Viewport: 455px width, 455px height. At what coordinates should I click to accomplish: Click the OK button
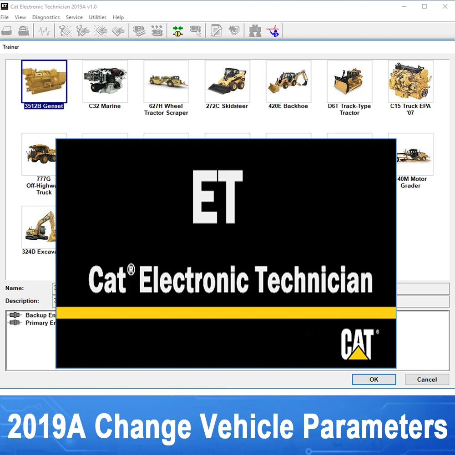click(x=374, y=379)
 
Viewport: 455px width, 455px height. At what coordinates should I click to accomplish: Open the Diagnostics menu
click(x=46, y=17)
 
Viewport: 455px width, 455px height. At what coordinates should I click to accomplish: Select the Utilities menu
click(x=97, y=17)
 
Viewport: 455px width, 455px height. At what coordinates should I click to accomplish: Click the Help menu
click(x=118, y=17)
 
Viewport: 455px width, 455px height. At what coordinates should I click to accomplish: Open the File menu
click(x=5, y=17)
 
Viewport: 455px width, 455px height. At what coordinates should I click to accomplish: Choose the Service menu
click(x=74, y=17)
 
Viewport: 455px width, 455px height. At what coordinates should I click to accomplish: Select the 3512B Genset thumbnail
click(x=44, y=81)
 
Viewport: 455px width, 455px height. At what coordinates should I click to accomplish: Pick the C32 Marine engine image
click(x=105, y=81)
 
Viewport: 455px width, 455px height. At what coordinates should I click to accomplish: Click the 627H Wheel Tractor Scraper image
click(x=166, y=81)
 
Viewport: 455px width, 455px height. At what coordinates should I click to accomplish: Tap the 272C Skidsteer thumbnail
click(x=227, y=81)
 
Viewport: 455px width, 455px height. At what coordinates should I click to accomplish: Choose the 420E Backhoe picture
click(x=288, y=81)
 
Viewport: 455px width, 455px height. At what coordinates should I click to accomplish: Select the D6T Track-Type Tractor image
click(x=349, y=81)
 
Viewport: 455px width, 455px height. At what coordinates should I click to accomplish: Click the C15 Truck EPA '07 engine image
click(x=410, y=81)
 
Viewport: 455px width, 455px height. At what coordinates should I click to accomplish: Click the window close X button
click(x=445, y=6)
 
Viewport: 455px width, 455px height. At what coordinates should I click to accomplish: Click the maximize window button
click(x=425, y=6)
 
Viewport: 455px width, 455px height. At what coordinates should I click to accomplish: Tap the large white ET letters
click(x=217, y=197)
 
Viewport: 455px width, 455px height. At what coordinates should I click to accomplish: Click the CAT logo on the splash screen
click(x=358, y=345)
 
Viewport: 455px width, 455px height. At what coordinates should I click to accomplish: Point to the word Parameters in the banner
click(x=375, y=427)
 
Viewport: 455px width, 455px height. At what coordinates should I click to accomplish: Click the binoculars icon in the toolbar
click(x=255, y=31)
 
